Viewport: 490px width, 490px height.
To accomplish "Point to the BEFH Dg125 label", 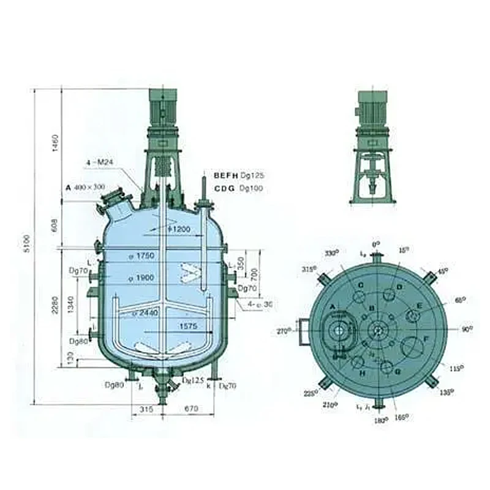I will [x=238, y=176].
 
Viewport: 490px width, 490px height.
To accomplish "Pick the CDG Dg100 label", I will [x=238, y=188].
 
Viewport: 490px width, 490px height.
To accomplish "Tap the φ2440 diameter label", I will [x=145, y=313].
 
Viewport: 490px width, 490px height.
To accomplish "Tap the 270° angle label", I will [x=283, y=331].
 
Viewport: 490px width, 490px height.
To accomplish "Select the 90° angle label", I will [x=467, y=330].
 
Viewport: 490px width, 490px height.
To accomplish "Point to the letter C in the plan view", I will [x=361, y=286].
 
